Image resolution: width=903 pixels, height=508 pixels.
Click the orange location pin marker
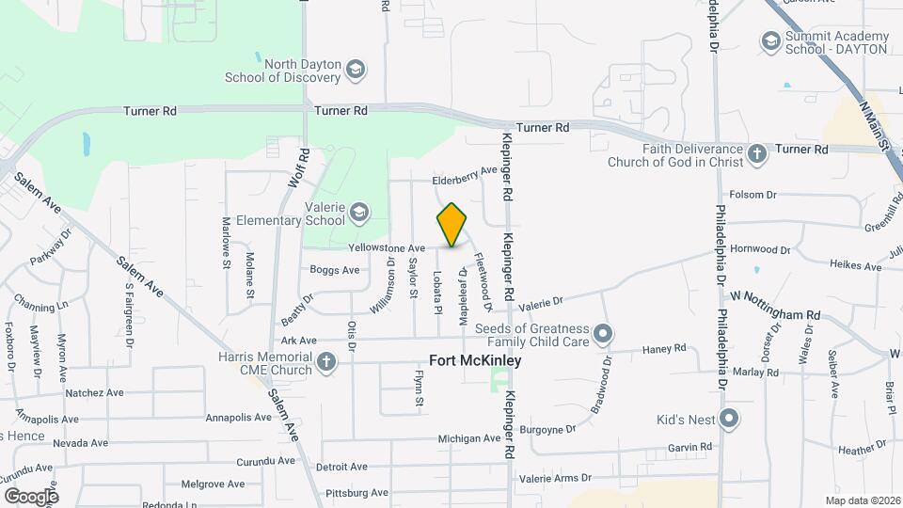[451, 225]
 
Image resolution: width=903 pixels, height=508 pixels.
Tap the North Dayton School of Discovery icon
[356, 70]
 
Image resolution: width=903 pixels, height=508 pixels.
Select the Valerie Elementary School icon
[357, 213]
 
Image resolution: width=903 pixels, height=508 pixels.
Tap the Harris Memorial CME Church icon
[326, 363]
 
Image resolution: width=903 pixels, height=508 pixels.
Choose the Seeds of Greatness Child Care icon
[604, 334]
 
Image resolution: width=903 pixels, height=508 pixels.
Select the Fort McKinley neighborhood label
[475, 360]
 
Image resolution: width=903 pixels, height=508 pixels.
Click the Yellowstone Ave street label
[387, 248]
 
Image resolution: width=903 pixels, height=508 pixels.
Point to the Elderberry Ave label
[464, 175]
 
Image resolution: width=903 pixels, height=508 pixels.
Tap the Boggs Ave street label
[335, 270]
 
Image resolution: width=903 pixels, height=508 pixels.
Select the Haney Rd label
[664, 350]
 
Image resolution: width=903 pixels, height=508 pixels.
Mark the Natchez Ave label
[94, 392]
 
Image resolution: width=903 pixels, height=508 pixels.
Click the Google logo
[31, 496]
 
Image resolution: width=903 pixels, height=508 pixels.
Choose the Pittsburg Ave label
[356, 492]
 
